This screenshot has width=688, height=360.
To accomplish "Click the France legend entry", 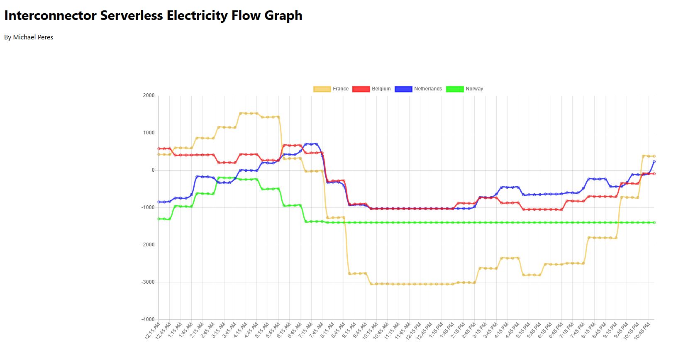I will click(x=331, y=89).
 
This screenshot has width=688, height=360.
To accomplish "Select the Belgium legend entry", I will click(x=372, y=89).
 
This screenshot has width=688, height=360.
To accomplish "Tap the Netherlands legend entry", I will click(x=419, y=89).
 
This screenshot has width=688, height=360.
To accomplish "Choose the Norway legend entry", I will click(x=465, y=89).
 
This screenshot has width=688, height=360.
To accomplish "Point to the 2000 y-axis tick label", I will click(x=149, y=95).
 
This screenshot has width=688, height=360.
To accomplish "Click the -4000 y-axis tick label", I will click(x=148, y=319).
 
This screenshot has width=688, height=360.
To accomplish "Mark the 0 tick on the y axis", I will click(x=153, y=170).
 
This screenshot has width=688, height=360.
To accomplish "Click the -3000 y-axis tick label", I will click(x=148, y=282).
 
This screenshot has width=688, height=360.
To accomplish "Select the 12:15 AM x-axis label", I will click(x=152, y=331).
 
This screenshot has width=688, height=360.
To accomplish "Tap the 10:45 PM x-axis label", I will click(x=642, y=331).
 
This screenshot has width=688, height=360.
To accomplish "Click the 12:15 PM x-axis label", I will click(x=413, y=331).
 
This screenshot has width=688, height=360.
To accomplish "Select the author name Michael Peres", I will click(x=33, y=37).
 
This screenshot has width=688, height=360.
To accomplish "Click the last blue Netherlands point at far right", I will click(x=654, y=161).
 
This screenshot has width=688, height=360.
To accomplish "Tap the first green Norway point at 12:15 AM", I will click(x=159, y=219).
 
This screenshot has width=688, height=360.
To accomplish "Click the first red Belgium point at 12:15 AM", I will click(x=159, y=148).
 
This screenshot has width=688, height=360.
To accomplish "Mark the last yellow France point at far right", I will click(x=654, y=156).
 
